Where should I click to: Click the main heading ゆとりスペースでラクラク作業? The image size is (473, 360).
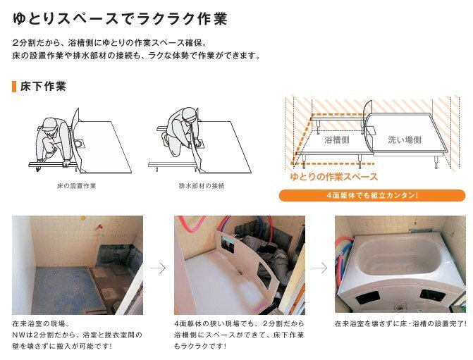coord(120,19)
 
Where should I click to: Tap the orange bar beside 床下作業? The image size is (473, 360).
coord(14,86)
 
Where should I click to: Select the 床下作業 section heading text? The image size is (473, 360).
coord(43,86)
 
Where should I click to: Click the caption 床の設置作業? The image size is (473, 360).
coord(76,186)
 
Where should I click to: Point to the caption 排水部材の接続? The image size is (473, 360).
coord(202,186)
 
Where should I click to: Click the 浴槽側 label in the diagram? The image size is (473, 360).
coord(337,139)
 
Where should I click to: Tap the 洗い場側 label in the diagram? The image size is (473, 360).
coord(405,139)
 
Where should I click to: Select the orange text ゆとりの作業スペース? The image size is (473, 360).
coord(334,177)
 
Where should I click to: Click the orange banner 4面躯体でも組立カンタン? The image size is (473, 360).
coord(372,195)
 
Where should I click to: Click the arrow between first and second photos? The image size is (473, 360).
coord(159,268)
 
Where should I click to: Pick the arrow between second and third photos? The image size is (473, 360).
coord(320,268)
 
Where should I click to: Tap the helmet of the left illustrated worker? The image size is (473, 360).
coord(50,123)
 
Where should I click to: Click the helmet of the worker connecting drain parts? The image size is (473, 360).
coord(190,113)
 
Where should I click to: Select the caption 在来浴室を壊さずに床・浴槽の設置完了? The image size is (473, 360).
coord(400,324)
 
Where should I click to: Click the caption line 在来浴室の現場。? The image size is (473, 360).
coord(41,324)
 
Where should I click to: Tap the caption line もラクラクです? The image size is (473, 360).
coord(200,346)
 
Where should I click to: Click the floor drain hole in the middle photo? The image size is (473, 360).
coord(240,272)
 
